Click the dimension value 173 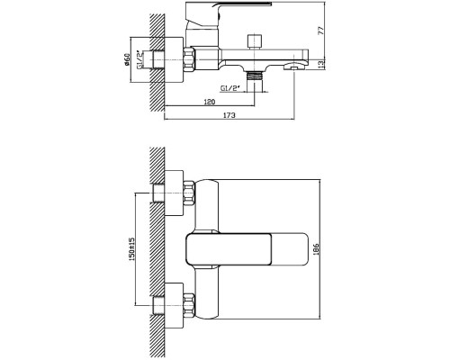tap(229, 115)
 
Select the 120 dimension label tap(210, 102)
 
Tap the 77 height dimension tap(321, 31)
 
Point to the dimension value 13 tap(321, 64)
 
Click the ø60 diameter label tap(126, 59)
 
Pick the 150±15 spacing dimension tap(132, 249)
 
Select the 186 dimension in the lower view tap(316, 249)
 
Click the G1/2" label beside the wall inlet tap(140, 60)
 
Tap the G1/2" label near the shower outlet tap(230, 88)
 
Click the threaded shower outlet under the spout tap(255, 76)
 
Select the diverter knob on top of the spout tap(255, 42)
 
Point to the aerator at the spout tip tap(294, 67)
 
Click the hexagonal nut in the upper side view tap(189, 59)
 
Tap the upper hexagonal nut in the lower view tap(189, 193)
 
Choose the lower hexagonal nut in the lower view tap(189, 305)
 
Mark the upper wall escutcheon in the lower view tap(174, 193)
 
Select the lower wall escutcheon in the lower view tap(174, 305)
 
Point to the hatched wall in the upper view tap(157, 62)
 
